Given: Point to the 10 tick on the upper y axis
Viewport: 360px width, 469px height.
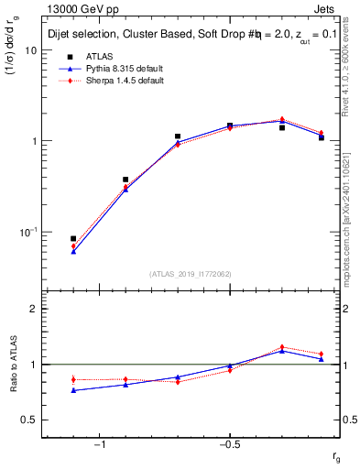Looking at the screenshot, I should point(31,50).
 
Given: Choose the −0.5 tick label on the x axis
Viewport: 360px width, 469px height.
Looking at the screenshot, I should point(228,444).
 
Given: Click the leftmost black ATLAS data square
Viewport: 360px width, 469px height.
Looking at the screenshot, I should point(73,238).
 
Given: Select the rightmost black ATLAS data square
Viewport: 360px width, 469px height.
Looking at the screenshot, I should point(322,137).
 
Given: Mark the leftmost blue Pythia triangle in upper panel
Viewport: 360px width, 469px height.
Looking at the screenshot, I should point(73,251).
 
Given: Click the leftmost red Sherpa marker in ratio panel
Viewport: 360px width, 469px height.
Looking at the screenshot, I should point(73,379).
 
